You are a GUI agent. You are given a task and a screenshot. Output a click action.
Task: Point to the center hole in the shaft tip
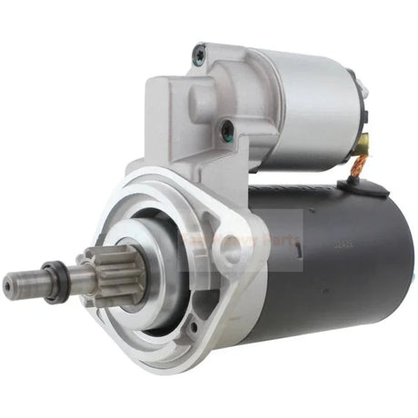coord(7,289)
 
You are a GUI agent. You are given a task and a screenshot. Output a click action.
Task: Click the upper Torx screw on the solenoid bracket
coord(198,56)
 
